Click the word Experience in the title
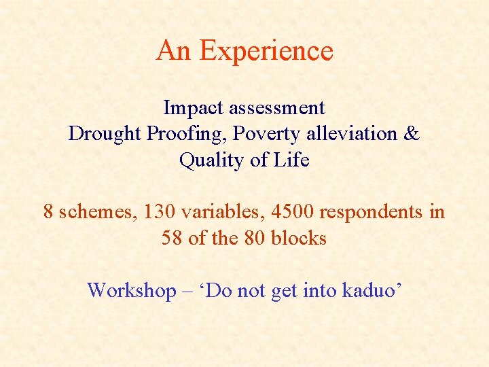267,51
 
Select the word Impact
194,107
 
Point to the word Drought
105,133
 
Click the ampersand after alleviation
412,133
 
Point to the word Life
295,160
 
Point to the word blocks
299,239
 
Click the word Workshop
131,290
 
